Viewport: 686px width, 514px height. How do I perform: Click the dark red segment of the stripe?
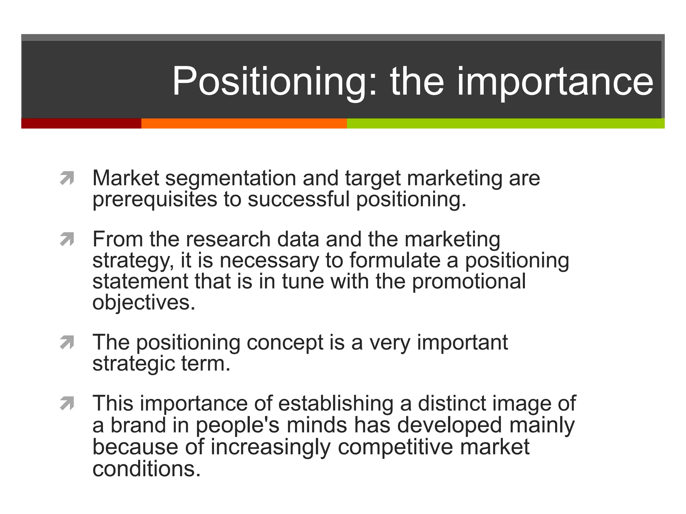click(x=81, y=123)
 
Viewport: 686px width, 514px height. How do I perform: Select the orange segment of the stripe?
click(x=244, y=123)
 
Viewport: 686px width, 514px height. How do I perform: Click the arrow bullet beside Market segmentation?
click(x=67, y=178)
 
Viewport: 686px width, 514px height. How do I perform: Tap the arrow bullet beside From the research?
click(x=67, y=239)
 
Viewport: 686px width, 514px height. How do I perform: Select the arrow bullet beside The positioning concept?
click(x=67, y=342)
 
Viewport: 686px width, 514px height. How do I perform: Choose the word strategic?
click(x=133, y=364)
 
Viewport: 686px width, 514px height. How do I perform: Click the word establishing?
click(x=336, y=404)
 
